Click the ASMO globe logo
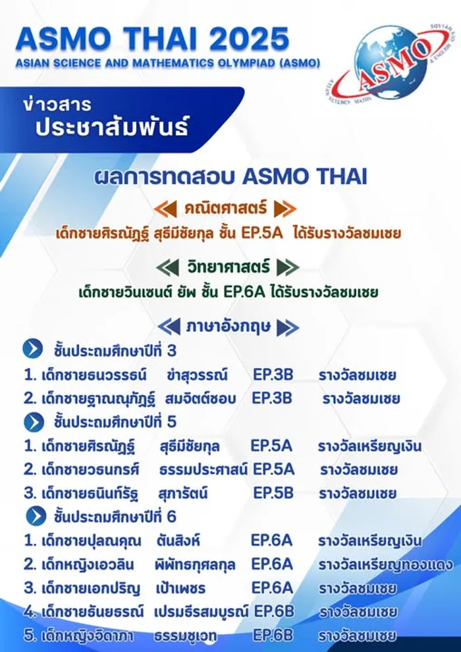[387, 63]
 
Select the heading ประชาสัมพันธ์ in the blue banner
[112, 126]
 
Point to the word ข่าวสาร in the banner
[57, 104]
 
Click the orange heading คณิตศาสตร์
[225, 208]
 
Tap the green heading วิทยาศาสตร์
[229, 267]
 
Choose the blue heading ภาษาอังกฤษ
[229, 327]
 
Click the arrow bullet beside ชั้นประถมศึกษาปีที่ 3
[33, 350]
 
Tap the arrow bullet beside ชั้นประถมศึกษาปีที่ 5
[34, 421]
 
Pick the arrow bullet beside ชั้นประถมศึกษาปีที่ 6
[36, 516]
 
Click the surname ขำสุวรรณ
[197, 375]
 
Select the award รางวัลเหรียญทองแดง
[385, 564]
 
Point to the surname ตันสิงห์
[178, 541]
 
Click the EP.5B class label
[273, 493]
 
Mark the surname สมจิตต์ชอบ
[200, 398]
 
